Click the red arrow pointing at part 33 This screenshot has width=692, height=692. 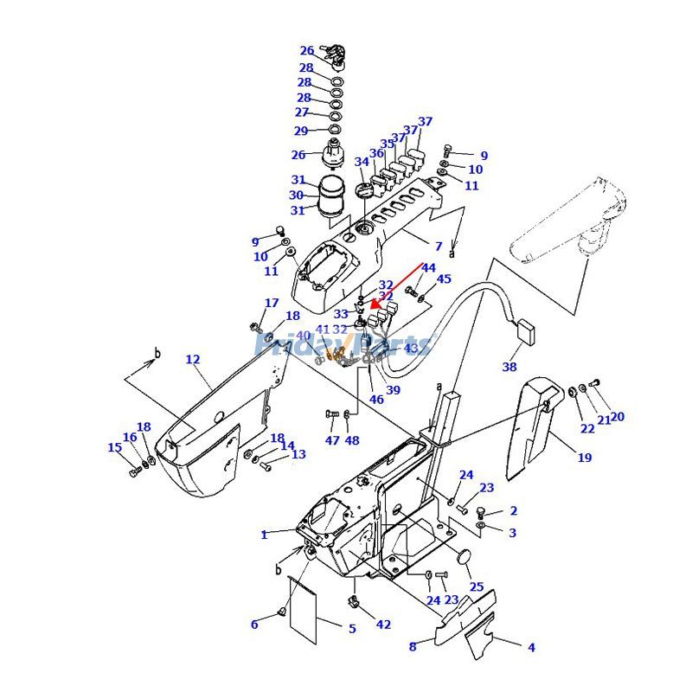398,285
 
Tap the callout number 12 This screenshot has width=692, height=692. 192,359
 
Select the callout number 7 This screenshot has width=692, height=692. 439,247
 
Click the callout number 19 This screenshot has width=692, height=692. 585,458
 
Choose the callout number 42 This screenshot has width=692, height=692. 383,625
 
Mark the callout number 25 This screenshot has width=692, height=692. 476,586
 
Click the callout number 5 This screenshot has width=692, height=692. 352,629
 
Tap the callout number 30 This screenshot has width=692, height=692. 297,195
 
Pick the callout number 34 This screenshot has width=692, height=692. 362,162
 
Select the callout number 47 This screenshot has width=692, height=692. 332,441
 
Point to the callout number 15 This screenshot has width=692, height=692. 114,447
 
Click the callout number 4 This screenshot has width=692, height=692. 531,647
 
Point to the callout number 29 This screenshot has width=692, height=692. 301,131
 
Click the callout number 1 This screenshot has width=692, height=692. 265,535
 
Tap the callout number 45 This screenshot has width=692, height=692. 444,279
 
